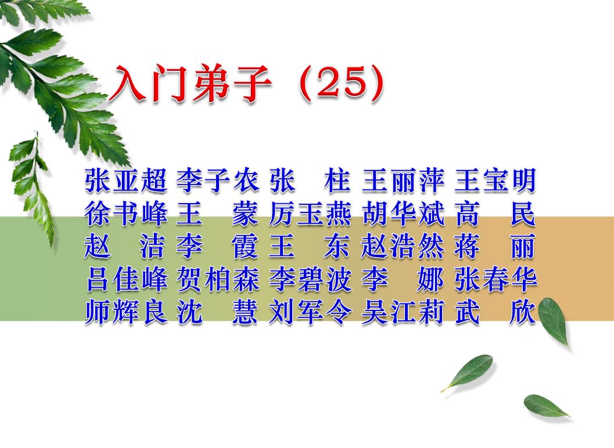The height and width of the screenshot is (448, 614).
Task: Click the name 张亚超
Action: coord(125,180)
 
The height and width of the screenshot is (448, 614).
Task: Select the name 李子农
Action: coord(218,180)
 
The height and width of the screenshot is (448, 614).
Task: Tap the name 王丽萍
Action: coord(403,180)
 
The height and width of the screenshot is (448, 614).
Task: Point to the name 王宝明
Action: coord(495,180)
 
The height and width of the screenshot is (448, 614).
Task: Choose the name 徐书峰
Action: coord(125,214)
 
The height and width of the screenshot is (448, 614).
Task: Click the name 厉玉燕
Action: coord(311,214)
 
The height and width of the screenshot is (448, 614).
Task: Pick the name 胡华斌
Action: coord(403,214)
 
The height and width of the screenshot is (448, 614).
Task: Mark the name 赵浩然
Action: coord(403,247)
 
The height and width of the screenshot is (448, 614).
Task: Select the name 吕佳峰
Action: coord(125,279)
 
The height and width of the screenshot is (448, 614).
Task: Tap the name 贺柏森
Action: coord(218,279)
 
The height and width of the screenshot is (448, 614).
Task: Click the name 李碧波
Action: coord(311,279)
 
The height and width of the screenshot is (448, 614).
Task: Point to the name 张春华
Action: coord(495,279)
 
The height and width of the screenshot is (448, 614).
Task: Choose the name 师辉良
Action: coord(125,312)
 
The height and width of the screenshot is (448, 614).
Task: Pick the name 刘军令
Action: coord(311,312)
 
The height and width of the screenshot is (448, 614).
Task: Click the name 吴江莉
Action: coord(403,312)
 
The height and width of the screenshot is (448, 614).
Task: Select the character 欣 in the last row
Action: coord(523,312)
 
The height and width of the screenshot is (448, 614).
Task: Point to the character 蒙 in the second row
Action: coord(245,214)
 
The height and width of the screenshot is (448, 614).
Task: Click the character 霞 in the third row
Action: coord(245,247)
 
